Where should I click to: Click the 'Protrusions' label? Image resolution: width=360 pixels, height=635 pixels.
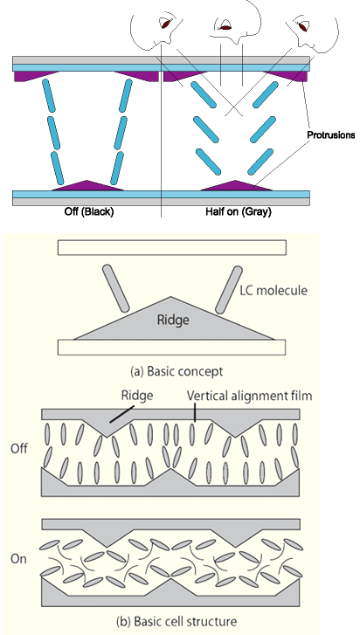tap(331, 135)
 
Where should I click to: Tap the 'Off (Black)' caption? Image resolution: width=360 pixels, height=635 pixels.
tap(89, 211)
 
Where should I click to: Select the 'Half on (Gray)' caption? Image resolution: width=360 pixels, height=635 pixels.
tap(239, 211)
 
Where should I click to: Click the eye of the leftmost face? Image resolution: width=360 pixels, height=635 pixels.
tap(165, 24)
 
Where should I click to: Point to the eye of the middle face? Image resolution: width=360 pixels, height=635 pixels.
tap(225, 28)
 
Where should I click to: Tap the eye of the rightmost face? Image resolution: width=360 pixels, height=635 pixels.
tap(303, 27)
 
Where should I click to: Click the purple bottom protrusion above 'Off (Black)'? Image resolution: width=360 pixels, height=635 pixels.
tap(87, 185)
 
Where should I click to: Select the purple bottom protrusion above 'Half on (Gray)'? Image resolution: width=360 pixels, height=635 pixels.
tap(236, 185)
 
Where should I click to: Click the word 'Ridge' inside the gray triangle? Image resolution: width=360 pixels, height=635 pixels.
tap(173, 320)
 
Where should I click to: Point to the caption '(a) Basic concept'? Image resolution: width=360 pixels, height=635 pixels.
tap(177, 371)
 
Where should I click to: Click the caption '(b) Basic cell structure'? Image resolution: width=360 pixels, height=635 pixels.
tap(177, 621)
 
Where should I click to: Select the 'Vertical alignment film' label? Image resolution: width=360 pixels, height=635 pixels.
tap(249, 396)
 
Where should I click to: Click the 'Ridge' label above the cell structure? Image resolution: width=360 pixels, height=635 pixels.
tap(137, 396)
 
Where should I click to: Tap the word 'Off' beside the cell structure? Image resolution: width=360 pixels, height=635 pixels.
tap(19, 449)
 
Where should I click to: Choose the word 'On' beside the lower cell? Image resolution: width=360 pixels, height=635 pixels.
tap(18, 559)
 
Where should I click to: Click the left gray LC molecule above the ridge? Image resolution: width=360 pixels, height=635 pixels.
tap(116, 288)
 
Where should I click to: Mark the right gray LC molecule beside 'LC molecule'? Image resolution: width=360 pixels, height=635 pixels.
tap(229, 290)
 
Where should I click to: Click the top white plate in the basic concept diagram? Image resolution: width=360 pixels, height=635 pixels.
tap(171, 247)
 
